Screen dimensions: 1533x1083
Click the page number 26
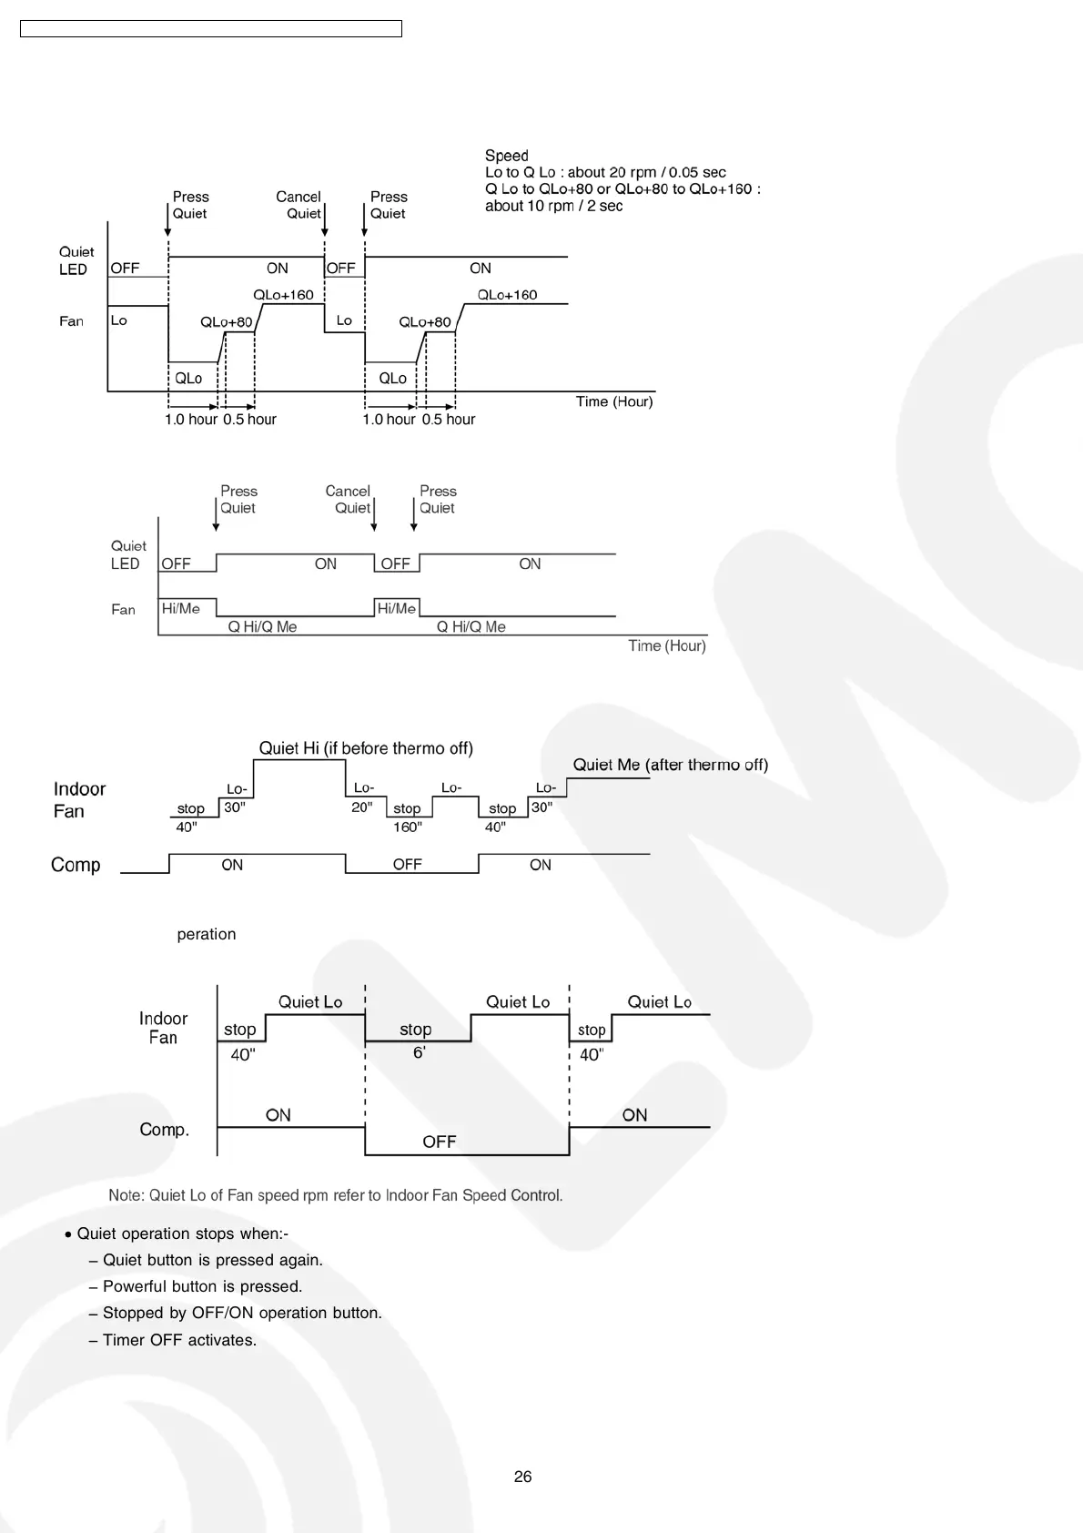point(522,1477)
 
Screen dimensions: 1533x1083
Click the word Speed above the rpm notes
point(506,156)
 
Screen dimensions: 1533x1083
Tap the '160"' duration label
point(407,827)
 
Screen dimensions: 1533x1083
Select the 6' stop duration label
point(419,1052)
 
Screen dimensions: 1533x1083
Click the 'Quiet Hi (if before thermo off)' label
point(366,748)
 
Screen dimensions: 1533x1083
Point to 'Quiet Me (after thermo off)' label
point(670,765)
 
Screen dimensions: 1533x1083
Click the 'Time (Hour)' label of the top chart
point(614,401)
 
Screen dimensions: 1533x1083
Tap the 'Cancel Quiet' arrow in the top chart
point(325,218)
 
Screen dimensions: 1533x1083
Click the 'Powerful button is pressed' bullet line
point(202,1286)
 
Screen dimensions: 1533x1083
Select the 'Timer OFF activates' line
point(179,1340)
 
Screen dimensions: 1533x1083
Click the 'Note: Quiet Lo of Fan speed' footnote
point(336,1195)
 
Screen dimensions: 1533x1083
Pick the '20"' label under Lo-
point(361,807)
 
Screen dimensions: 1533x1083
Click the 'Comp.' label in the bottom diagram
point(164,1130)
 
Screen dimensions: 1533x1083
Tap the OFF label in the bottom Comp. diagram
point(439,1142)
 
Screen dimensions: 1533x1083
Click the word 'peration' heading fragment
point(207,934)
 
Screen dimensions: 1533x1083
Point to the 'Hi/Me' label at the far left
point(180,608)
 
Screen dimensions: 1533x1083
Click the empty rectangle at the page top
point(210,29)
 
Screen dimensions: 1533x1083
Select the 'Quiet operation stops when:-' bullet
point(182,1234)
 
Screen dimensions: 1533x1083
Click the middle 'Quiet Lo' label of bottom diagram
point(517,1002)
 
